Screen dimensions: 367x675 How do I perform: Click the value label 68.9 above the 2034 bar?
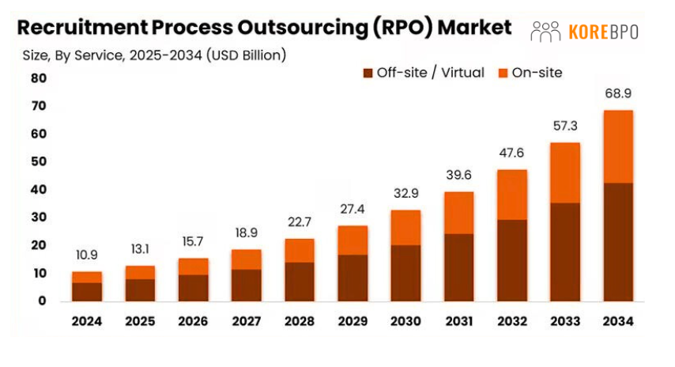(617, 93)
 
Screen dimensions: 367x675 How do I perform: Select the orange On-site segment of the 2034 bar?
(617, 146)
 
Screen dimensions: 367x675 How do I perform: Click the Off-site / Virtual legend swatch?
(368, 73)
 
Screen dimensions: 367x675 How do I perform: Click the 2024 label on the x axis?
(87, 321)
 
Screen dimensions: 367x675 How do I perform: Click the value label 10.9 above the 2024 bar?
(87, 255)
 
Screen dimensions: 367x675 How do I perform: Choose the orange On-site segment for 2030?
(405, 228)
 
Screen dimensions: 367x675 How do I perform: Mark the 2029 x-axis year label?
(353, 321)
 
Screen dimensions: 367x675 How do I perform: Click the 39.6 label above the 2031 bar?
(458, 175)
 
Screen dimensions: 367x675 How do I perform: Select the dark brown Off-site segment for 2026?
(193, 288)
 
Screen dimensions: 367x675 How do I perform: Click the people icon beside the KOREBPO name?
(545, 32)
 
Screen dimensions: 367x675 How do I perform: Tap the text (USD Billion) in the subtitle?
(245, 55)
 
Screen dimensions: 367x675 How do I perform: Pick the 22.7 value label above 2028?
(300, 222)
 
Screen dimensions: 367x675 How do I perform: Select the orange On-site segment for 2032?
(511, 195)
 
